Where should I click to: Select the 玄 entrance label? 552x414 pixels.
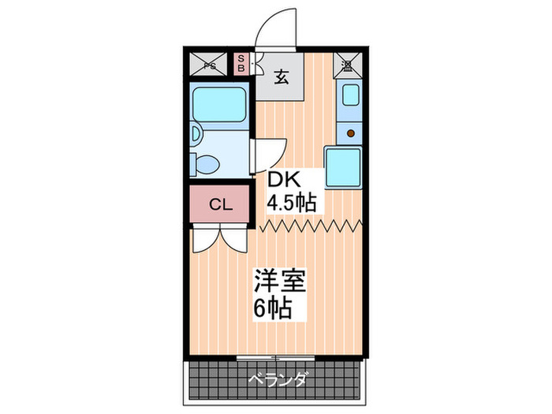pyautogui.click(x=281, y=76)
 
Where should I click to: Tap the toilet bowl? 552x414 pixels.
pyautogui.click(x=207, y=165)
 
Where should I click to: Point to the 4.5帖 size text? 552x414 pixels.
pyautogui.click(x=290, y=202)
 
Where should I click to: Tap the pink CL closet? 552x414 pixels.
pyautogui.click(x=220, y=205)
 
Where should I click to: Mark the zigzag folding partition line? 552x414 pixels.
pyautogui.click(x=311, y=227)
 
